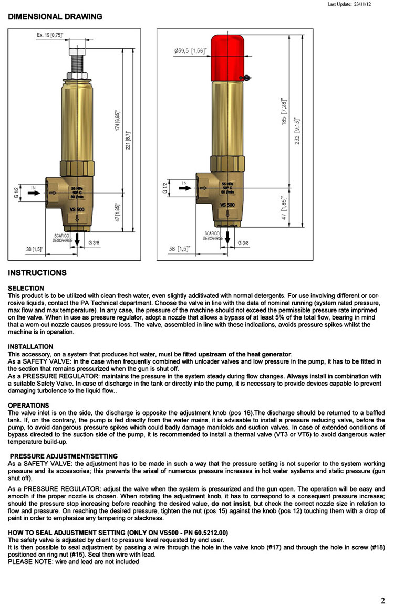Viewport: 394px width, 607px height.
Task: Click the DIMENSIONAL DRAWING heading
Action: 55,17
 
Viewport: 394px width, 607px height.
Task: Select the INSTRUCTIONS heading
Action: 37,273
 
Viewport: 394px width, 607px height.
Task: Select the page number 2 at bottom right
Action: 383,601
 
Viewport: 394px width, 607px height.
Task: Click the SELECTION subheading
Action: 26,288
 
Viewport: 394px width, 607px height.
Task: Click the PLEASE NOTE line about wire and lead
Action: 74,562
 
